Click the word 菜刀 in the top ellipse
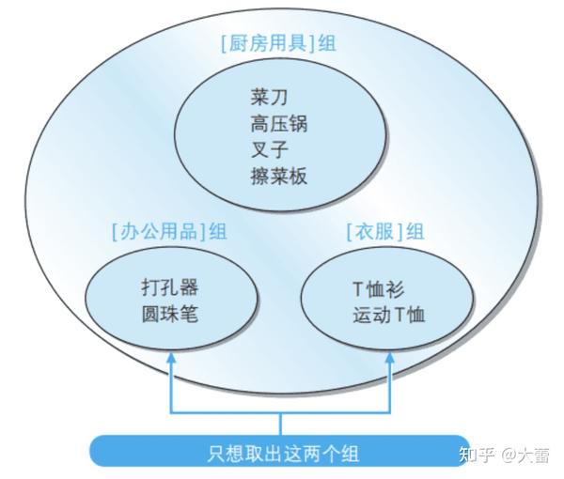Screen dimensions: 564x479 pyautogui.click(x=269, y=97)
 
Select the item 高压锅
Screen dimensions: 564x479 pyautogui.click(x=279, y=123)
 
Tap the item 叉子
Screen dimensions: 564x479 pyautogui.click(x=269, y=149)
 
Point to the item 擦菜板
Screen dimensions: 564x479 pyautogui.click(x=279, y=176)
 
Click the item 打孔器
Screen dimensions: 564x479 pyautogui.click(x=169, y=287)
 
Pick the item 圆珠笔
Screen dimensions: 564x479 pyautogui.click(x=169, y=314)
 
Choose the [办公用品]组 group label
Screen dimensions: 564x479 pyautogui.click(x=169, y=231)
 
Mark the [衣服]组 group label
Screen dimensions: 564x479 pyautogui.click(x=385, y=231)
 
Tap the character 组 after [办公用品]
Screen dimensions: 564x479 pyautogui.click(x=218, y=231)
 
